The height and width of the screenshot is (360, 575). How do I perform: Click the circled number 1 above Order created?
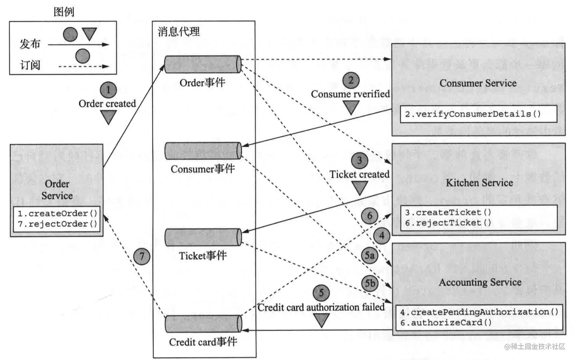coord(108,90)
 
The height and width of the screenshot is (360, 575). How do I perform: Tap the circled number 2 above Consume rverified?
coord(351,80)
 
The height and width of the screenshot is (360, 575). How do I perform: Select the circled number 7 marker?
coord(142,256)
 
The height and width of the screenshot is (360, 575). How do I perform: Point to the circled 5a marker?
coord(369,255)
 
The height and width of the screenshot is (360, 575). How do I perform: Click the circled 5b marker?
coord(370,283)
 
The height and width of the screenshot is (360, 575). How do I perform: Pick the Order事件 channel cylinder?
coord(203,64)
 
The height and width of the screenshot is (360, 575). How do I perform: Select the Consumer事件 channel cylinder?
coord(203,151)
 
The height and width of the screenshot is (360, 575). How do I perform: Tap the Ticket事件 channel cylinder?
coord(203,237)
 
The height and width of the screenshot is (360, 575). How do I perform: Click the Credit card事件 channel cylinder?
coord(203,324)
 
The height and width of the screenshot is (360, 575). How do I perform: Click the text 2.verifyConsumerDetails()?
coord(472,114)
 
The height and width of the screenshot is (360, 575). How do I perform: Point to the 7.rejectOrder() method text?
coord(57,224)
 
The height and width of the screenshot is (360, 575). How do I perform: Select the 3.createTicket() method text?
coord(448,212)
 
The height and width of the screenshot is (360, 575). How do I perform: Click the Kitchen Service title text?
coord(479,183)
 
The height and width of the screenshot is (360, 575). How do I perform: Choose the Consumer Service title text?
coord(478,83)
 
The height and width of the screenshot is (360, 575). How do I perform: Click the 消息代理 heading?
coord(179,32)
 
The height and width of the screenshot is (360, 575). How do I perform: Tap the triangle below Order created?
coord(108,117)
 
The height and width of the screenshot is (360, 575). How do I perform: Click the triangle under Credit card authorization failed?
coord(321,320)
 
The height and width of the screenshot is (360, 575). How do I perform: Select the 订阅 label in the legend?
coord(30,65)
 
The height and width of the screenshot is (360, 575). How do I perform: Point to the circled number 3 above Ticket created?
coord(359,161)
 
